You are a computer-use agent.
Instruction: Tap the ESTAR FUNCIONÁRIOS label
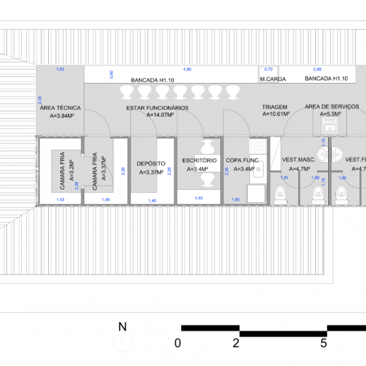[157, 107]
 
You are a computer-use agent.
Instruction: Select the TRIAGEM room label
[274, 107]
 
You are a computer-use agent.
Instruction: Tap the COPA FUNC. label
[243, 160]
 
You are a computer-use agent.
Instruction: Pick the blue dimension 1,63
[60, 70]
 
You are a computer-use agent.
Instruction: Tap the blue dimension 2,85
[317, 70]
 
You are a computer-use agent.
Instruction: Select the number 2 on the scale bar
[235, 342]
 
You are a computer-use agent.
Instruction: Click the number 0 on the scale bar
[178, 342]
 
